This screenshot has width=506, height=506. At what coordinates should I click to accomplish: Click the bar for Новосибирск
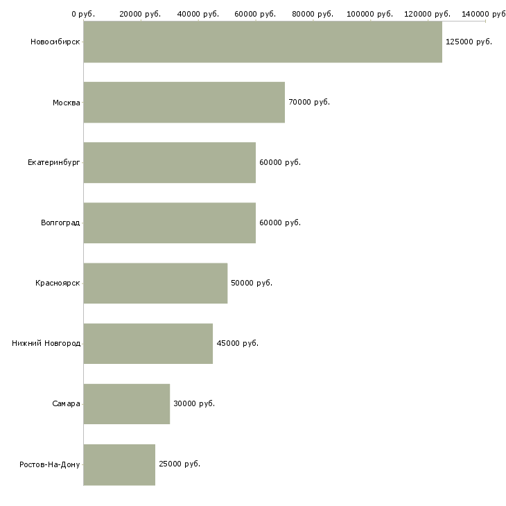point(263,42)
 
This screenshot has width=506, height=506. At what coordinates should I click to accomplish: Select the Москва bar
point(184,103)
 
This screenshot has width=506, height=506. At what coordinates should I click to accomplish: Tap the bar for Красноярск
point(155,283)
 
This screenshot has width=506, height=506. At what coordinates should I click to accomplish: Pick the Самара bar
point(127,403)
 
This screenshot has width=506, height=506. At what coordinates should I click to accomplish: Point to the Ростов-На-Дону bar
point(119,464)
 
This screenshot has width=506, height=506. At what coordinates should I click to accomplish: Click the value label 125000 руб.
point(469,42)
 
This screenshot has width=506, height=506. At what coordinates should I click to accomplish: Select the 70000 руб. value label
point(309,103)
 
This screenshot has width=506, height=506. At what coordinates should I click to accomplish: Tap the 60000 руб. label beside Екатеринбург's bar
point(280,163)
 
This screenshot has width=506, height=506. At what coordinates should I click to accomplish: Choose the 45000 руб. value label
point(237,343)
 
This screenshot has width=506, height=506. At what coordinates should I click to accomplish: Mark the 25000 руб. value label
point(180,464)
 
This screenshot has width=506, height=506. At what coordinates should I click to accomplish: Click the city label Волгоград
point(60,223)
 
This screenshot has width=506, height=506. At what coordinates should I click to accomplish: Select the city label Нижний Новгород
point(46,343)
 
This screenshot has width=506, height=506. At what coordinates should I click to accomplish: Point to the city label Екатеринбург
point(54,163)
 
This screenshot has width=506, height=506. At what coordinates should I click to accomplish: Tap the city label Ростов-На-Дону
point(50,464)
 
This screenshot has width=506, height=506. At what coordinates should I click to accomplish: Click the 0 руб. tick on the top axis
point(83,13)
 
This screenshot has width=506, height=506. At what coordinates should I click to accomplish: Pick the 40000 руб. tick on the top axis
point(198,13)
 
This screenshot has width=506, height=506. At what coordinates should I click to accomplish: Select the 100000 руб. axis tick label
point(371,13)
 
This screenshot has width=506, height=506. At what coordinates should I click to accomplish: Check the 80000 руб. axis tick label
point(313,13)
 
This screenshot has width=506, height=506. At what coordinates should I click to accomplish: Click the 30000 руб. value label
point(194,403)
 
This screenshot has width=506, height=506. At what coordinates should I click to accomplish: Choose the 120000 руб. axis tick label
point(428,13)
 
